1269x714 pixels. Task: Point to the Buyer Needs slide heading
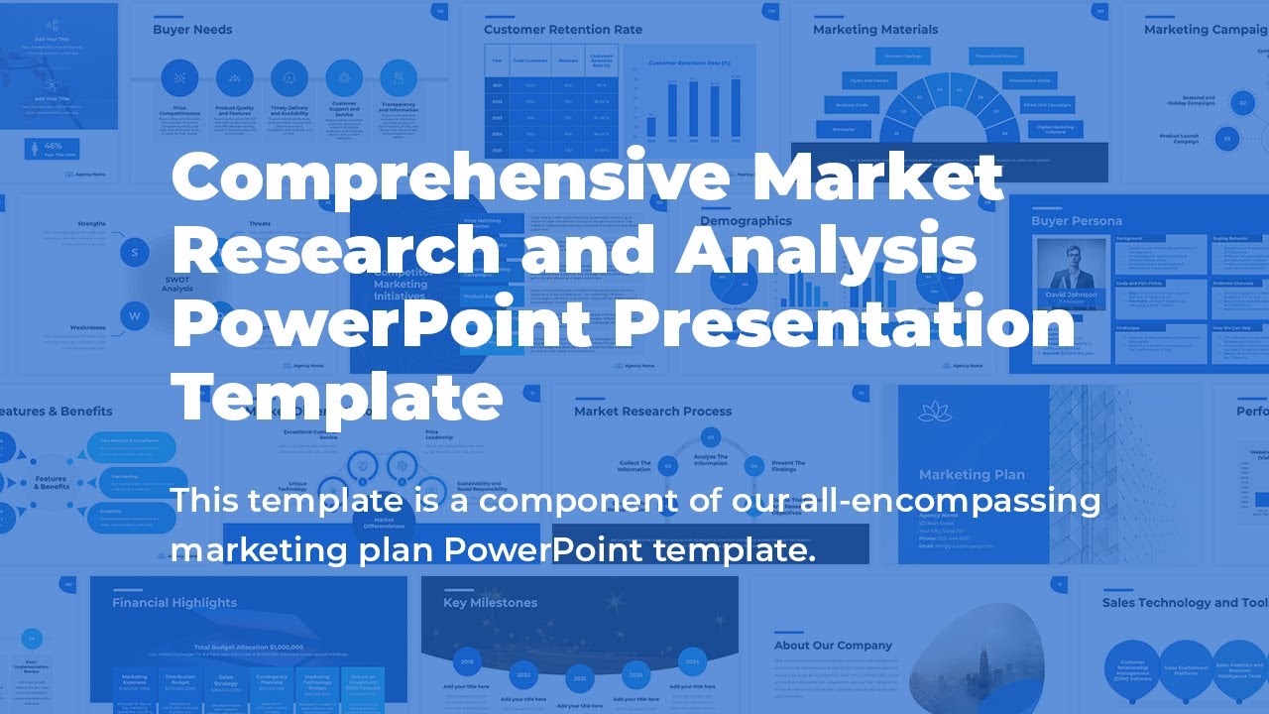pos(192,30)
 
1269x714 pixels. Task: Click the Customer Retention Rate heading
pos(563,30)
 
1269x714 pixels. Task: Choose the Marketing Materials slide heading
pos(875,30)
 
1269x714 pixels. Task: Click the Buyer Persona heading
pos(1077,221)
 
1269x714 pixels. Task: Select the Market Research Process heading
pos(652,412)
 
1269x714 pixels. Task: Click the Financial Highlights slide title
pos(174,603)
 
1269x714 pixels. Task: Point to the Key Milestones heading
pos(490,603)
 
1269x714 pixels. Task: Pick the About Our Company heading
pos(833,646)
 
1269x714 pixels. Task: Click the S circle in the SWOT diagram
pos(135,252)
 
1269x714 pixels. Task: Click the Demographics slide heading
pos(746,221)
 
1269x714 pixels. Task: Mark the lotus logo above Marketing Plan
pos(935,412)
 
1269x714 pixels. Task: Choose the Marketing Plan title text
pos(972,475)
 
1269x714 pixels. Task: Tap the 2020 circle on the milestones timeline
pos(523,674)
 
